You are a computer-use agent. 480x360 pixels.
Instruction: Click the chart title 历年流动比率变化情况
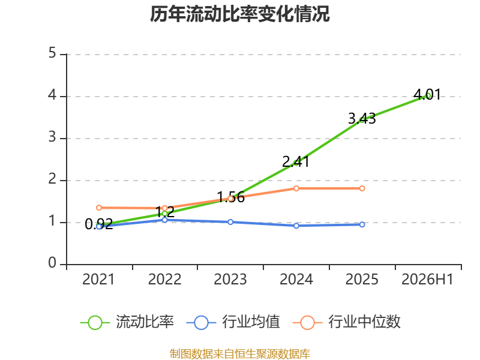[x=239, y=14]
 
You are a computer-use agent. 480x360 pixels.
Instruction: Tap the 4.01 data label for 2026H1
[x=427, y=94]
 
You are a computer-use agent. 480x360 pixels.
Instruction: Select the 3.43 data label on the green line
[x=362, y=118]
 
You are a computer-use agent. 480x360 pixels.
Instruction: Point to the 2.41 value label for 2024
[x=296, y=161]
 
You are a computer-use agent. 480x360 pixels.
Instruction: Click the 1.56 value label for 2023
[x=230, y=197]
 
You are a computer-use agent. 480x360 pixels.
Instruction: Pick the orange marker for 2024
[x=296, y=188]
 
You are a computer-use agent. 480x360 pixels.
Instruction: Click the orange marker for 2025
[x=362, y=188]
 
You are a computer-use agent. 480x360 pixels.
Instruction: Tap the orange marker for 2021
[x=99, y=208]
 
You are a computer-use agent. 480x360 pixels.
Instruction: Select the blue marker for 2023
[x=230, y=222]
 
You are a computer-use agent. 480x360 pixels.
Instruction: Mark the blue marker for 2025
[x=362, y=224]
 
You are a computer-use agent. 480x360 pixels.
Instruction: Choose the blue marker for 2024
[x=296, y=226]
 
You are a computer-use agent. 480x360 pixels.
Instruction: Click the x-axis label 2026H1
[x=427, y=279]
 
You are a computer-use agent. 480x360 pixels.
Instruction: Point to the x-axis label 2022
[x=164, y=279]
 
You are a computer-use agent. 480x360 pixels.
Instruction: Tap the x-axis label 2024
[x=296, y=279]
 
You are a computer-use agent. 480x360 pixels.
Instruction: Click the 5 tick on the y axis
[x=52, y=53]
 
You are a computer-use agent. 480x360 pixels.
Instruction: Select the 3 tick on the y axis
[x=52, y=137]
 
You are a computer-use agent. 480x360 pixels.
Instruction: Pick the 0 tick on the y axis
[x=52, y=263]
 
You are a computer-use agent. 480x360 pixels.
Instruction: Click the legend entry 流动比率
[x=127, y=322]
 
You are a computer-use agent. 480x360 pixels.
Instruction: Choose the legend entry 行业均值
[x=233, y=322]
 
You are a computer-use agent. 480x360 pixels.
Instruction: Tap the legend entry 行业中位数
[x=347, y=322]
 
